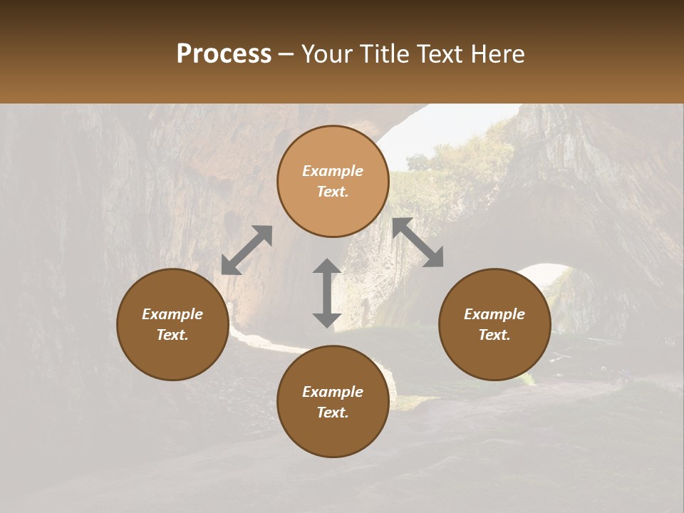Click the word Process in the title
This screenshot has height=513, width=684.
click(224, 54)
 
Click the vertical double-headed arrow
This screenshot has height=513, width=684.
click(327, 293)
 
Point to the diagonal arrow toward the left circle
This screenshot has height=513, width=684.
click(247, 249)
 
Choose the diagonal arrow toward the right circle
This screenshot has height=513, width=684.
click(418, 242)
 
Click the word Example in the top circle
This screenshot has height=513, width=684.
click(333, 171)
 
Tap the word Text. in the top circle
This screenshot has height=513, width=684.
click(333, 192)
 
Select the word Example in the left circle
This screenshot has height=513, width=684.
click(172, 314)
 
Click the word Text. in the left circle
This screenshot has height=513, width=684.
click(172, 335)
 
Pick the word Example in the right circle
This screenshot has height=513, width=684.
click(494, 314)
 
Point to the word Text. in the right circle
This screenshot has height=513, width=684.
click(494, 335)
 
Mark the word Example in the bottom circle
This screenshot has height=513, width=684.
click(333, 392)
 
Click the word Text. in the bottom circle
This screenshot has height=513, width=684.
click(333, 413)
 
